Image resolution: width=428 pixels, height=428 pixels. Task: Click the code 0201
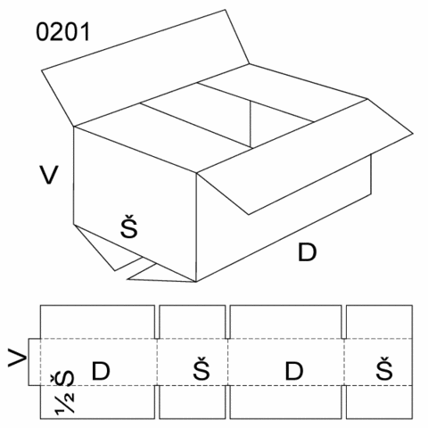click(x=62, y=32)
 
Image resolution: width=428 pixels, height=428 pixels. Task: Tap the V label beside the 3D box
click(x=49, y=175)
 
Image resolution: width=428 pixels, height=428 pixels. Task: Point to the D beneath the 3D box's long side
click(x=308, y=252)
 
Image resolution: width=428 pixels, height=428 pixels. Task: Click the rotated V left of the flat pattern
click(x=17, y=358)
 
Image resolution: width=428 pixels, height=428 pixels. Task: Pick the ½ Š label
click(x=64, y=392)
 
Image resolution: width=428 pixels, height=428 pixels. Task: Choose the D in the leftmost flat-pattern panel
click(x=101, y=371)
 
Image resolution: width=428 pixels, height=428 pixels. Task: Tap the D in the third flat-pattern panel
click(x=294, y=371)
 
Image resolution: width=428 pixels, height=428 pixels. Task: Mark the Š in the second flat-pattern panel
click(x=202, y=368)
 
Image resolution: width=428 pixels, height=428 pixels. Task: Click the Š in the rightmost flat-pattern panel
click(x=384, y=368)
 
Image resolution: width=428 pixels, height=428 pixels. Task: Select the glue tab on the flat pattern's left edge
click(x=35, y=362)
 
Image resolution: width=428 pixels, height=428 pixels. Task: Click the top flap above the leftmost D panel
click(x=97, y=322)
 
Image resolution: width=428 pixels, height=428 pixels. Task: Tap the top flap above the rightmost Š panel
click(x=379, y=322)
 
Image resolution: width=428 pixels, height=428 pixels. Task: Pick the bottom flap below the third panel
click(x=285, y=402)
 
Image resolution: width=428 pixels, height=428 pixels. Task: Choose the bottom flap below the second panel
click(x=193, y=402)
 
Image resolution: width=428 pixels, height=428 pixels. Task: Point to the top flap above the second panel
click(x=193, y=322)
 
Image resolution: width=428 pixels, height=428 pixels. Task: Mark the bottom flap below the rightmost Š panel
click(x=379, y=402)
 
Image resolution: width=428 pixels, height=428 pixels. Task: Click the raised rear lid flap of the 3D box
click(x=145, y=69)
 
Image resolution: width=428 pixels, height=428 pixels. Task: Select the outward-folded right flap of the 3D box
click(x=306, y=156)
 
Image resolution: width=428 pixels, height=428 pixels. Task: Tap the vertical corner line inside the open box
click(x=251, y=124)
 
